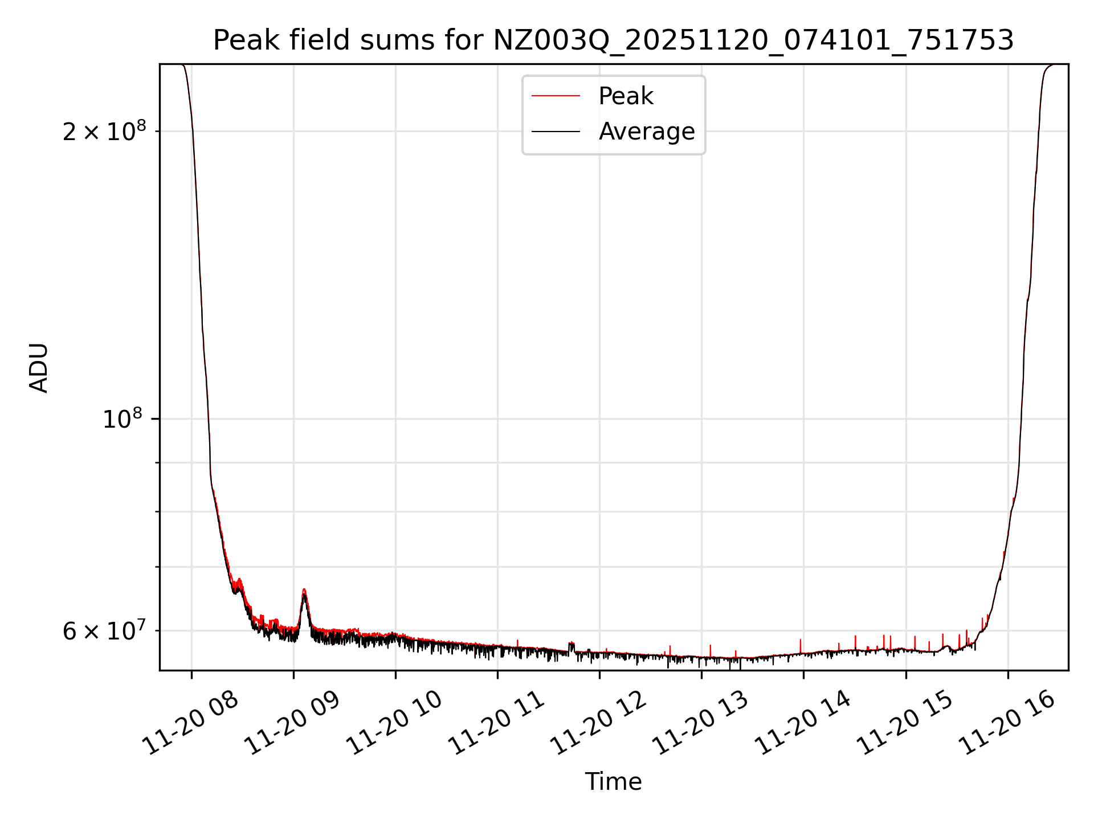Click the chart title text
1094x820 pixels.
613,40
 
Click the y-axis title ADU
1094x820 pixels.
39,367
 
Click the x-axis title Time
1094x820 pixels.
613,781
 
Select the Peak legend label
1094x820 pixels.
626,96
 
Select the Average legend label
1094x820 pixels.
646,132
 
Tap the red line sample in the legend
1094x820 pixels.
556,96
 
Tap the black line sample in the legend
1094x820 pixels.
556,132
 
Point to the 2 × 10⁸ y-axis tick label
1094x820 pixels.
104,132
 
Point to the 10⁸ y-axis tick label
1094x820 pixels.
123,419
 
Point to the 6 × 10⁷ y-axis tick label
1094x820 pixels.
104,630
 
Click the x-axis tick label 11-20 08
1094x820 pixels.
190,723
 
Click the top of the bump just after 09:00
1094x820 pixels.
304,589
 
